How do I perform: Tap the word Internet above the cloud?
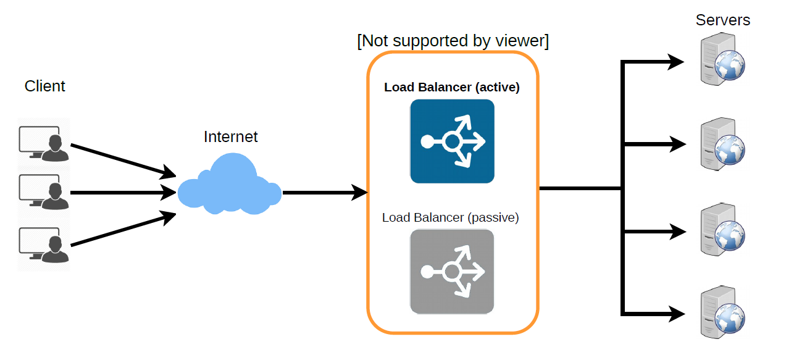[x=230, y=136]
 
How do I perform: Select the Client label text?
[x=45, y=86]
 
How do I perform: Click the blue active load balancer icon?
[x=452, y=141]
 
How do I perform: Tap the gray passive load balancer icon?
[x=452, y=271]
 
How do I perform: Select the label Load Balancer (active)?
[x=452, y=87]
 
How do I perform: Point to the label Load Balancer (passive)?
[x=451, y=217]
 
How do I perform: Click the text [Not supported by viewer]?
[x=453, y=41]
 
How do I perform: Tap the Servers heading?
[x=722, y=20]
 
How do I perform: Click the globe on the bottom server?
[x=730, y=319]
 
